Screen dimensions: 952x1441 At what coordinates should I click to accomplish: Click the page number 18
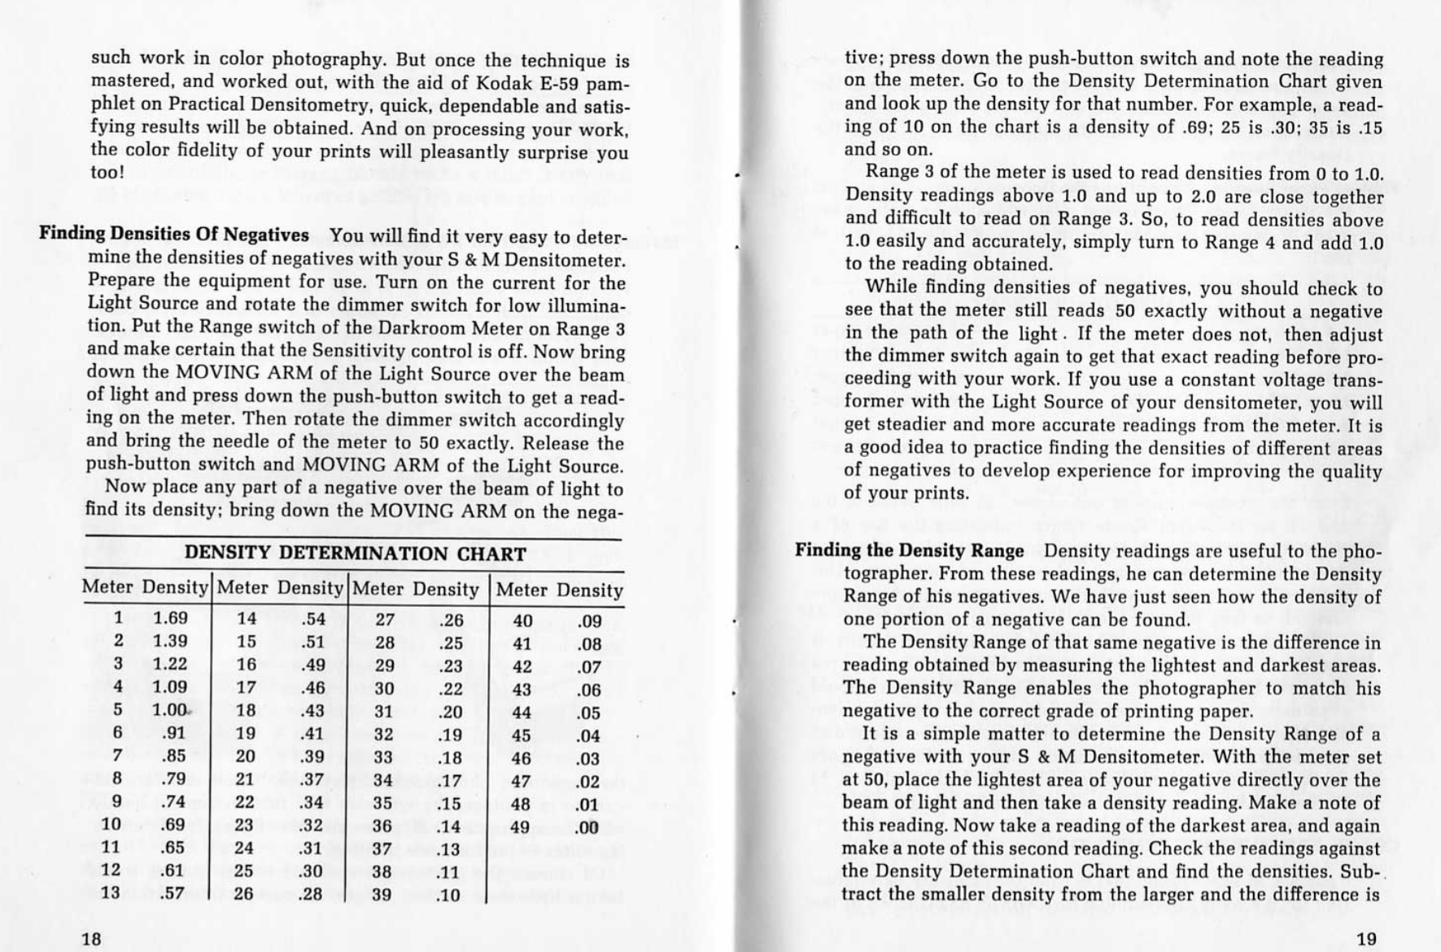[x=92, y=938]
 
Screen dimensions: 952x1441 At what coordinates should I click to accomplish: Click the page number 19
[x=1367, y=939]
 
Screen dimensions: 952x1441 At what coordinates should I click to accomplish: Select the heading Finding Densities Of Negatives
[x=174, y=235]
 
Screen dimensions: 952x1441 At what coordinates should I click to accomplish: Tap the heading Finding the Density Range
[x=909, y=551]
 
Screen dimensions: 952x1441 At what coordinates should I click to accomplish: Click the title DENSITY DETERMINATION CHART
[x=355, y=555]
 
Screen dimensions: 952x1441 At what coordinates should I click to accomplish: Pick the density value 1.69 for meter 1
[x=170, y=619]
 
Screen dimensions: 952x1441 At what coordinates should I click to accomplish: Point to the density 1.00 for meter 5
[x=170, y=710]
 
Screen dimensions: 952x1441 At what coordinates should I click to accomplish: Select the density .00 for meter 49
[x=587, y=827]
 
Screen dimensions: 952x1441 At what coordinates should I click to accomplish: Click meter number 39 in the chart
[x=384, y=895]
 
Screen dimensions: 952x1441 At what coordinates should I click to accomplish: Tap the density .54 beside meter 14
[x=313, y=620]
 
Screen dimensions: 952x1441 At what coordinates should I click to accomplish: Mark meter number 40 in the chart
[x=522, y=621]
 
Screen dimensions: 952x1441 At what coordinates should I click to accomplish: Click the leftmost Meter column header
[x=108, y=588]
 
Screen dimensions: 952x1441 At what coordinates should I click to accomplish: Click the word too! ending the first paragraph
[x=107, y=173]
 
